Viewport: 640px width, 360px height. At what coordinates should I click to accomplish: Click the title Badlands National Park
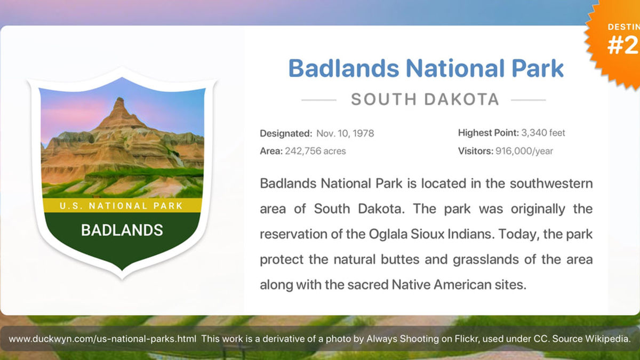click(426, 68)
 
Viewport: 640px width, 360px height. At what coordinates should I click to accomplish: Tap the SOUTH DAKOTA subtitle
click(425, 99)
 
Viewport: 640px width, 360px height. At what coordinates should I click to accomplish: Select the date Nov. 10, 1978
click(345, 133)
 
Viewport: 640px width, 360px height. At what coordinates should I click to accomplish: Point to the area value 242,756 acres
click(315, 151)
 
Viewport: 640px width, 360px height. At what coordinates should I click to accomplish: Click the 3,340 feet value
click(543, 133)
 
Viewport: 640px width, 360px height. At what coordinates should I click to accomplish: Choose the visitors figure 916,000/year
click(524, 151)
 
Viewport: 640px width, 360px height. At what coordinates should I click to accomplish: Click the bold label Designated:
click(286, 133)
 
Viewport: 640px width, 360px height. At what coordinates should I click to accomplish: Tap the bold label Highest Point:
click(488, 133)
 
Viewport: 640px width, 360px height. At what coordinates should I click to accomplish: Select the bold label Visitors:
click(476, 151)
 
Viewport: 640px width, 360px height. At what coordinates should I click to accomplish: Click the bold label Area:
click(271, 151)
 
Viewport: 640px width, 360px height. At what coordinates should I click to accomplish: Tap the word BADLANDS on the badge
click(122, 230)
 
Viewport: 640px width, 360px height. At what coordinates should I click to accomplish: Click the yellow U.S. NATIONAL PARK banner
click(122, 205)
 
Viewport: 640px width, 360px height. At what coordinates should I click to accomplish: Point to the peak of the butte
click(119, 100)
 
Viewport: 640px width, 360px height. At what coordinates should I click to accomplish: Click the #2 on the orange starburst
click(623, 46)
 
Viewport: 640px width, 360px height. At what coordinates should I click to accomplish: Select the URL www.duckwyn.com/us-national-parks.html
click(102, 339)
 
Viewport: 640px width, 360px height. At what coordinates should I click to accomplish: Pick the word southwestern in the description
click(551, 183)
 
